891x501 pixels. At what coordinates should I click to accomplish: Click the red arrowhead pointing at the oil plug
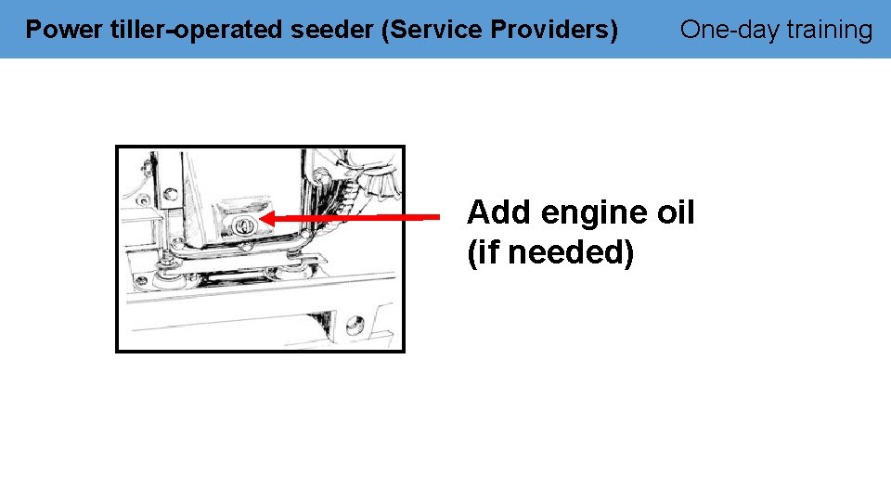(x=269, y=218)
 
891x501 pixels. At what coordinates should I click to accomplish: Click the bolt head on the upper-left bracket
(x=170, y=194)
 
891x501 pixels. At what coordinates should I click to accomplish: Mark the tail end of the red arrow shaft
(x=436, y=217)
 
